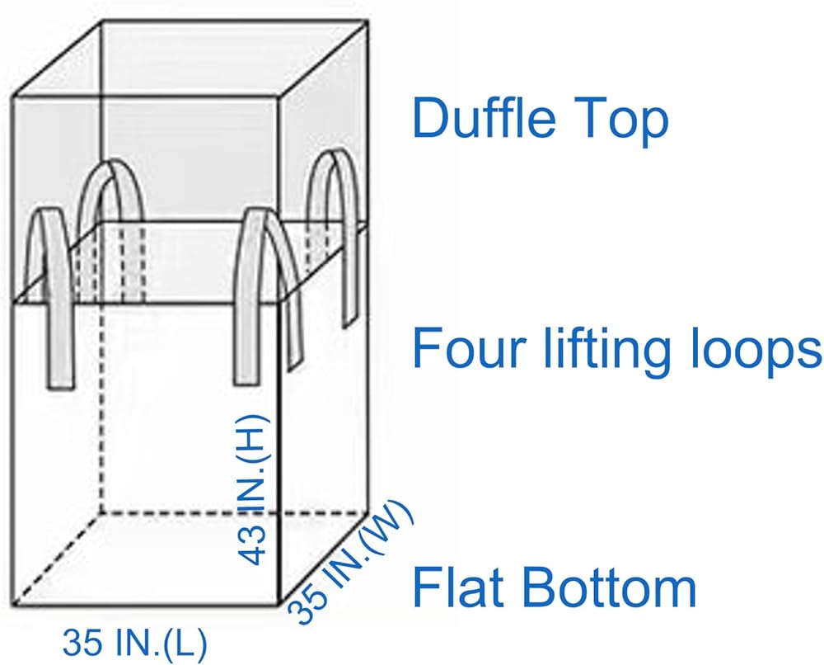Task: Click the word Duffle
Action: click(x=484, y=117)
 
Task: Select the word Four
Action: click(x=469, y=347)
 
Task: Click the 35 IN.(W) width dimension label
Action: click(x=350, y=561)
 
